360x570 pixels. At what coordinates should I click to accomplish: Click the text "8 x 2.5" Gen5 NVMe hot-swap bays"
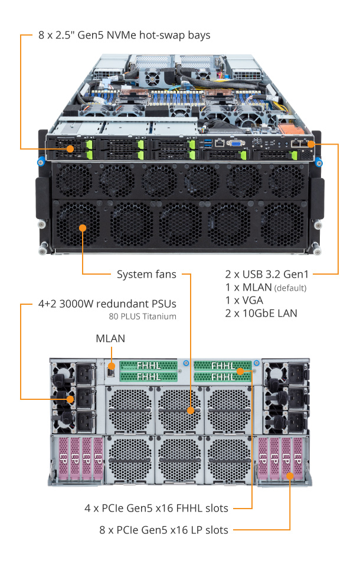[x=125, y=35]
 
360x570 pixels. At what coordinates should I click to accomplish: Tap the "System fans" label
[x=146, y=274]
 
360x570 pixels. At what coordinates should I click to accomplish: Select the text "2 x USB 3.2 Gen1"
[x=267, y=274]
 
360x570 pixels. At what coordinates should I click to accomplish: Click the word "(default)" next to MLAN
[x=290, y=288]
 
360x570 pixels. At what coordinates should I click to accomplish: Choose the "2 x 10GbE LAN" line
[x=261, y=314]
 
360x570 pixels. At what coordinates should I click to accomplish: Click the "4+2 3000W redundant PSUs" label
[x=107, y=304]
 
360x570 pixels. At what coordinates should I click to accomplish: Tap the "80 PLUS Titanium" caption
[x=142, y=317]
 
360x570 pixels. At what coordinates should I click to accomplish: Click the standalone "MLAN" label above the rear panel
[x=110, y=338]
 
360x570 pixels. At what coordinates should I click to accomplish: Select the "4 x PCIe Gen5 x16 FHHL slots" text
[x=156, y=508]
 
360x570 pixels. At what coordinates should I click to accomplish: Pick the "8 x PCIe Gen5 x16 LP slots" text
[x=164, y=530]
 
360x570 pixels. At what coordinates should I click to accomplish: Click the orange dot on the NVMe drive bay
[x=70, y=149]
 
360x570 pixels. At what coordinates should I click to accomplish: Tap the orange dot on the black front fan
[x=83, y=228]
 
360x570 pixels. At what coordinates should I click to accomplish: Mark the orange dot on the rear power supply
[x=70, y=399]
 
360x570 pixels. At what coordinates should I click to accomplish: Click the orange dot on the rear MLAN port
[x=112, y=366]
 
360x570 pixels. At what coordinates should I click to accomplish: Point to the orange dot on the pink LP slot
[x=290, y=476]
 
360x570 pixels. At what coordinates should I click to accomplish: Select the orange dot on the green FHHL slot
[x=240, y=371]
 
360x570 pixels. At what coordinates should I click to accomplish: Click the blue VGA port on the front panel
[x=235, y=143]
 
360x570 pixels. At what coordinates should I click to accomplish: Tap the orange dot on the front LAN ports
[x=311, y=144]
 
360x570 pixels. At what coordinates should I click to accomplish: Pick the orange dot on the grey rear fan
[x=191, y=411]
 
